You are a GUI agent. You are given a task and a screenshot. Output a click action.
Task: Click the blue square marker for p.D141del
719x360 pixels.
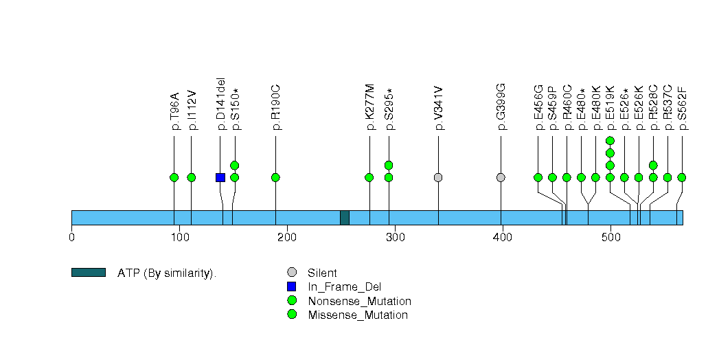tap(220, 177)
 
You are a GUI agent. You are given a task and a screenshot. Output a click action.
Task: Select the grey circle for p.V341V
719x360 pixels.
tap(438, 177)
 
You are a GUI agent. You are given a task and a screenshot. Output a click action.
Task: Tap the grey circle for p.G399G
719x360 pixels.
tap(501, 177)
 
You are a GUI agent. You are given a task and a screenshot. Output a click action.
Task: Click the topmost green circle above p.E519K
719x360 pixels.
tap(610, 140)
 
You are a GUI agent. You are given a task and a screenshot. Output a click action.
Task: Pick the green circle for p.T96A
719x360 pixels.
tap(174, 177)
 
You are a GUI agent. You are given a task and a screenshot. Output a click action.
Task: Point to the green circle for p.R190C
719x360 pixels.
tap(275, 177)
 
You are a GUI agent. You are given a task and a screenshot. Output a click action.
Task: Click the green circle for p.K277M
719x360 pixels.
tap(369, 177)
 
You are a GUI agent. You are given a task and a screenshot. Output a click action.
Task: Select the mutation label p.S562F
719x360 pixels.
tap(683, 107)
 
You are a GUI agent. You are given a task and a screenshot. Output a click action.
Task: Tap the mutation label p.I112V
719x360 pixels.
tap(192, 110)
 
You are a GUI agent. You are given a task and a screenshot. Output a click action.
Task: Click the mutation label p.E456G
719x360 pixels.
tap(539, 107)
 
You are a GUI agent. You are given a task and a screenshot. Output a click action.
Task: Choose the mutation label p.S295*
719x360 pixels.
tap(390, 109)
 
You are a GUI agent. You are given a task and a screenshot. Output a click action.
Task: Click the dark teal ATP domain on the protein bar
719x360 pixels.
tap(345, 218)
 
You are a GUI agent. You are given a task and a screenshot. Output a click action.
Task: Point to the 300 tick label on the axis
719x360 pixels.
tap(396, 237)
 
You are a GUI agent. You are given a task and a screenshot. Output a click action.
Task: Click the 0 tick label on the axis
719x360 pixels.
tap(71, 237)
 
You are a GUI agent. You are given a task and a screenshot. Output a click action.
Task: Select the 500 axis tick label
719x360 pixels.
tap(610, 237)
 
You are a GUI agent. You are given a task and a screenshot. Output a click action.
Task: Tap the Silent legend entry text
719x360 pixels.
tap(322, 273)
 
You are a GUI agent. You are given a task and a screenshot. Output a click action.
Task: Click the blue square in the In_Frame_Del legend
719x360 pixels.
tap(292, 286)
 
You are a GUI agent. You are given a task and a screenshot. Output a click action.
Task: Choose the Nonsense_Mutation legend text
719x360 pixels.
tap(360, 302)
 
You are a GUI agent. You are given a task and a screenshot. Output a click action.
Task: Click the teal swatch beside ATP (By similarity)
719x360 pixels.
tap(89, 273)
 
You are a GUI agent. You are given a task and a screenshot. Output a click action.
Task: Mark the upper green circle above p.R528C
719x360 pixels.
tap(654, 165)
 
